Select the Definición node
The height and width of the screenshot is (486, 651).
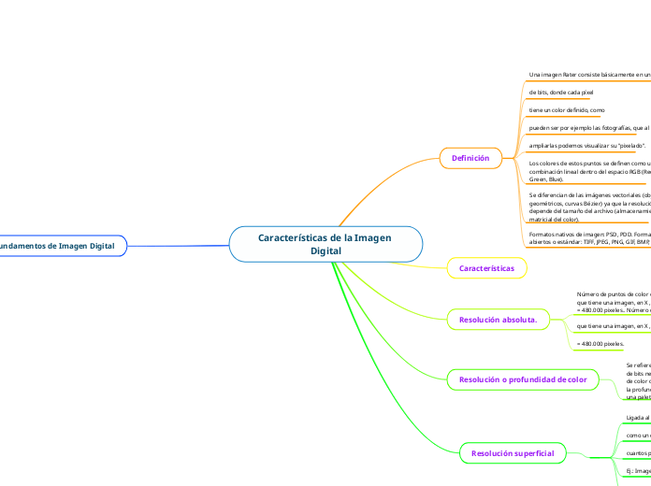tap(470, 158)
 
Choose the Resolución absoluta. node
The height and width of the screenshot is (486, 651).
tap(497, 320)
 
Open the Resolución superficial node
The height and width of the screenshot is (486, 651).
tap(513, 453)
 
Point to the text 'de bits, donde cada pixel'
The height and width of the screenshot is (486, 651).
tap(561, 93)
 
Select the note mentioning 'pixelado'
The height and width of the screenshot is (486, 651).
tap(574, 146)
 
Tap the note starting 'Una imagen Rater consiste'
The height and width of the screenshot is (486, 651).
tap(589, 74)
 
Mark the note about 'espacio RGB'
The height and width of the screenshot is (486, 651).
tap(589, 171)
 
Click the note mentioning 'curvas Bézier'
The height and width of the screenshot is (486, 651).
tap(589, 207)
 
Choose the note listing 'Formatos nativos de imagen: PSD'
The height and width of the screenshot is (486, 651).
tap(589, 236)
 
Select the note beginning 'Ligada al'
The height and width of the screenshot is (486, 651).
tap(612, 418)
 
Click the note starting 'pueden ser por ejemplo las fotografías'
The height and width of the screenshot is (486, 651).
tap(589, 128)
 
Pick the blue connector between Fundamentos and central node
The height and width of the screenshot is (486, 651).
tap(178, 246)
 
